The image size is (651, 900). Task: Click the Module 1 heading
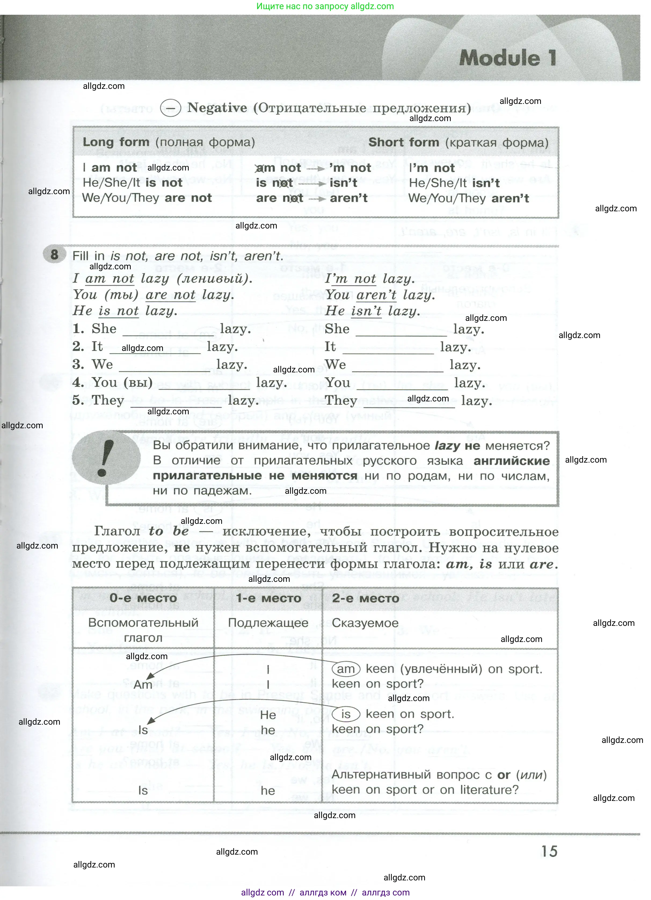pyautogui.click(x=508, y=58)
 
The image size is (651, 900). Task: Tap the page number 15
pyautogui.click(x=550, y=851)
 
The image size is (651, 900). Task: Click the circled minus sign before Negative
pyautogui.click(x=170, y=108)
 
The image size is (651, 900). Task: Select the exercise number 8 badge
pyautogui.click(x=54, y=254)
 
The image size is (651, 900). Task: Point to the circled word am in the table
pyautogui.click(x=345, y=669)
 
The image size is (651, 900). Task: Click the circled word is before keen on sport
pyautogui.click(x=345, y=714)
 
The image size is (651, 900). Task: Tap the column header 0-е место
pyautogui.click(x=143, y=598)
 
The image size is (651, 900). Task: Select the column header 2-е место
pyautogui.click(x=365, y=598)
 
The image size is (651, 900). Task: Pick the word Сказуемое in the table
pyautogui.click(x=365, y=623)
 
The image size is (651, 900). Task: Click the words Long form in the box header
pyautogui.click(x=116, y=142)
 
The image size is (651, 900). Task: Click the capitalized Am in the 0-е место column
pyautogui.click(x=143, y=684)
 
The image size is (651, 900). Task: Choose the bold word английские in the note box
pyautogui.click(x=511, y=461)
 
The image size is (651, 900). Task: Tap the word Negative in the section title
pyautogui.click(x=217, y=108)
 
